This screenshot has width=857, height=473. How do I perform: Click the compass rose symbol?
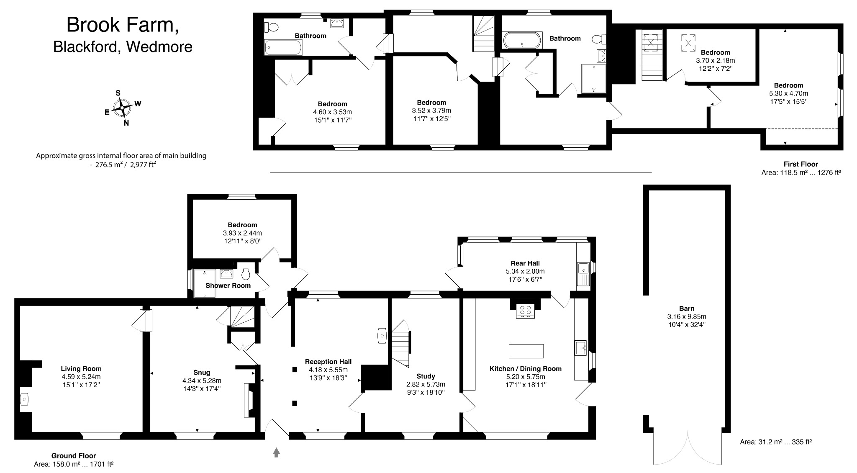pos(121,108)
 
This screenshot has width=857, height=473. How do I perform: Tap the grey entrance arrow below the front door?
pos(276,452)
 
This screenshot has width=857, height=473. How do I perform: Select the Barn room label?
pos(687,308)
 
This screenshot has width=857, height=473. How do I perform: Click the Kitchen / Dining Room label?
pos(526,369)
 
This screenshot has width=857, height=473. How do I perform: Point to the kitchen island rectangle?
pos(526,351)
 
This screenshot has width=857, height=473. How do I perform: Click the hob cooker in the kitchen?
pos(526,311)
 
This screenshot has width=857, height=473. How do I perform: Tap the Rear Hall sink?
pos(583,274)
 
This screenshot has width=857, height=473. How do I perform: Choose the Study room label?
pos(426,376)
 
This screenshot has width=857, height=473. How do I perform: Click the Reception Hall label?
pos(328,362)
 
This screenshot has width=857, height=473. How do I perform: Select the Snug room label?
pos(202,373)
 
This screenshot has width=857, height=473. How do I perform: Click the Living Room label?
pos(81,369)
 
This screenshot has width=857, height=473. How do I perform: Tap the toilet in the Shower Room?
pos(246,274)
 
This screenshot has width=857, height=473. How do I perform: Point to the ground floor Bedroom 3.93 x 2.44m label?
pos(242,233)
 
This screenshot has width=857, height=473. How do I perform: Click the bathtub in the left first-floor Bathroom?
pos(283,47)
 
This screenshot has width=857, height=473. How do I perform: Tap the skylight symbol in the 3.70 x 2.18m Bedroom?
pos(688,42)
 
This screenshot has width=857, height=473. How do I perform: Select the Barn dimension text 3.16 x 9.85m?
pos(687,316)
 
